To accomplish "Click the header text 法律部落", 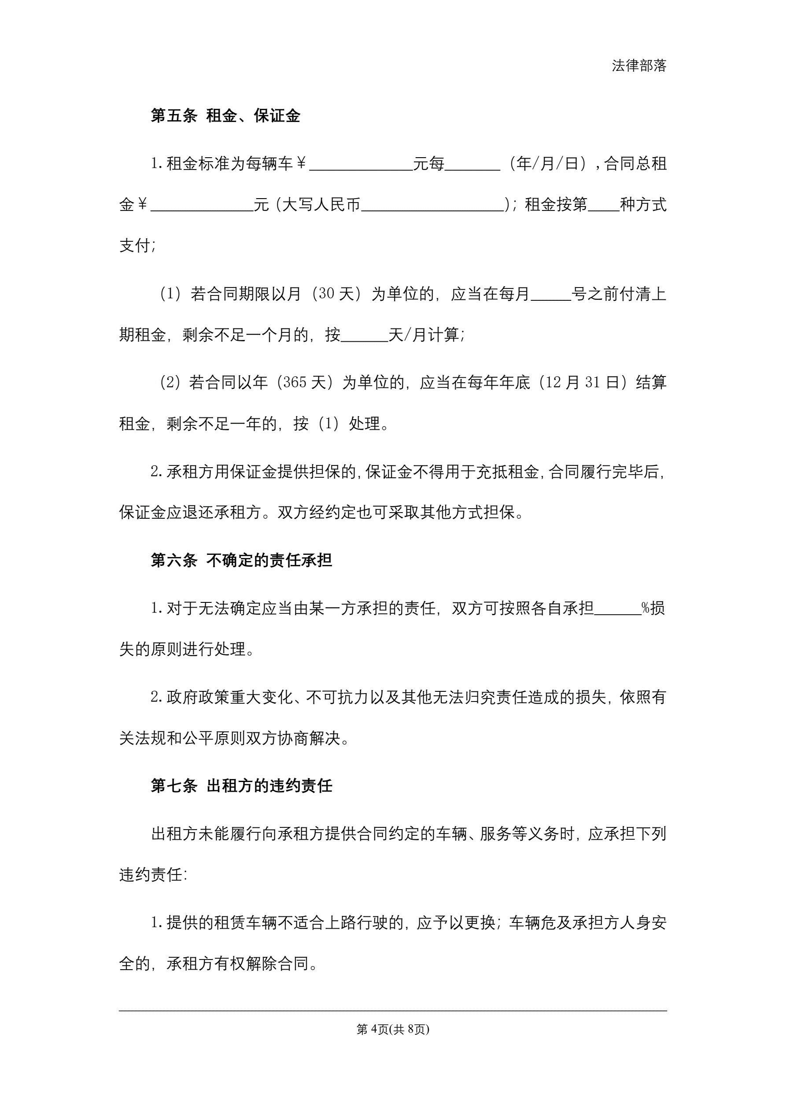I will [x=639, y=66].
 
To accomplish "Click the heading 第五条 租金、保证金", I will [x=225, y=116].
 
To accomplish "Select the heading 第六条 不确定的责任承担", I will [x=241, y=560].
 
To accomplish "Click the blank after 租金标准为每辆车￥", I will [x=361, y=165].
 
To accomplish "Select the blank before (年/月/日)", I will [x=472, y=165].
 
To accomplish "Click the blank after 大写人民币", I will [x=433, y=205].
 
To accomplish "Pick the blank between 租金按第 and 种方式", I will [x=604, y=205].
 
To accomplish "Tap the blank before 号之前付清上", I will [x=551, y=294].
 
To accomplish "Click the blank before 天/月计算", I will [x=365, y=335].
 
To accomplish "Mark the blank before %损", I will [x=617, y=608].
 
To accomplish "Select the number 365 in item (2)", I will [x=295, y=383].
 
